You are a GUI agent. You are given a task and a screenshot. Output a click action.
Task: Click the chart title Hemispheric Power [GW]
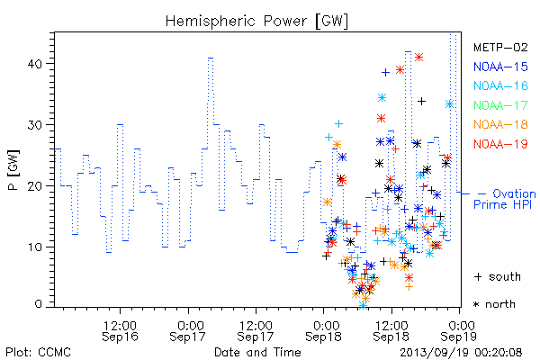(256, 22)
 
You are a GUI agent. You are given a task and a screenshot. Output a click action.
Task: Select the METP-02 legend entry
(500, 47)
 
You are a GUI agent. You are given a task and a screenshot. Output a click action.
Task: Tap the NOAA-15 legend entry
(500, 67)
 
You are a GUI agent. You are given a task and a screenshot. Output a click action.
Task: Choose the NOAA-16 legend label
(500, 85)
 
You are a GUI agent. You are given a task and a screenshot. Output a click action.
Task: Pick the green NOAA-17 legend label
(500, 105)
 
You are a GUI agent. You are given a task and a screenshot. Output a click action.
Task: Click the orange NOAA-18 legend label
(500, 124)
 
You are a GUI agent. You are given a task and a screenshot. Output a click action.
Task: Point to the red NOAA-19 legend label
(500, 144)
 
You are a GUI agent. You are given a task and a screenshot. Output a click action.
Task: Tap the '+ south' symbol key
(498, 276)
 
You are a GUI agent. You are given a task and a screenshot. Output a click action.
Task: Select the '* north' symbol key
(494, 304)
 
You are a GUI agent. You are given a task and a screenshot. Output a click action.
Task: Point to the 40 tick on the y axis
(35, 64)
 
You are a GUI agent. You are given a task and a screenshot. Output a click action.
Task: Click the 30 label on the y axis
(35, 125)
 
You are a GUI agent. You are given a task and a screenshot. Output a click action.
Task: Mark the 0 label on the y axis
(39, 304)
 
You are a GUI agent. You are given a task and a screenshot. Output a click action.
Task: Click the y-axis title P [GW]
(13, 170)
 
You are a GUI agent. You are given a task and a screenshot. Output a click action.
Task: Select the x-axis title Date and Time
(257, 353)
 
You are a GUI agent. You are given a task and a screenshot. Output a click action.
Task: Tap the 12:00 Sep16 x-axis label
(120, 331)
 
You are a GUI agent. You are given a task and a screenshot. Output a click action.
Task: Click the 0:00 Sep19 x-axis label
(459, 331)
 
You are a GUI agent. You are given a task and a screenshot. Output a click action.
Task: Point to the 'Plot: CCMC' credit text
(38, 353)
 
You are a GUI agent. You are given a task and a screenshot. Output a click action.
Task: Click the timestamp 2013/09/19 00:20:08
(461, 353)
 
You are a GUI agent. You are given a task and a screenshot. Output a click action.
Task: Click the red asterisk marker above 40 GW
(418, 58)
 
